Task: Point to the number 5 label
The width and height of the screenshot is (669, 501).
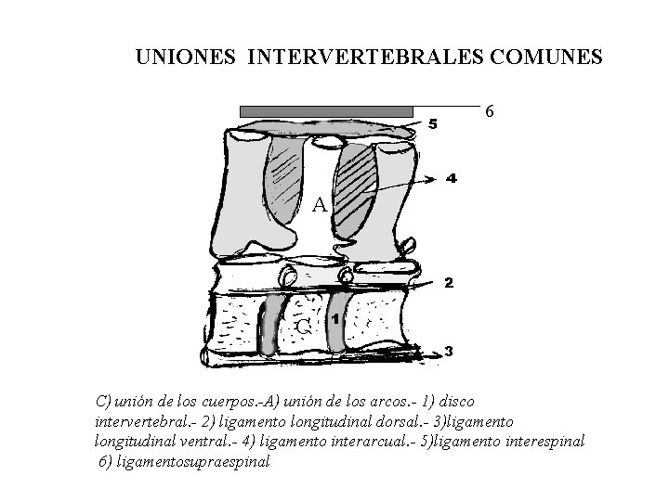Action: (x=431, y=126)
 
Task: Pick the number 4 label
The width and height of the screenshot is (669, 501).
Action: (x=451, y=178)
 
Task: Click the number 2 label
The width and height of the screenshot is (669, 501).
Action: (x=448, y=283)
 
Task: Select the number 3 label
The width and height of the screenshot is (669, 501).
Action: (x=449, y=352)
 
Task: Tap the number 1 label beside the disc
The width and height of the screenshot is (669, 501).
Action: (x=335, y=319)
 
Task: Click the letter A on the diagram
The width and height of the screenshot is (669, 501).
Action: (x=319, y=204)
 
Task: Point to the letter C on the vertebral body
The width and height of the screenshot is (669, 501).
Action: (x=304, y=327)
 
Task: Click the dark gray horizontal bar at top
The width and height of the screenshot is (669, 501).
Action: (x=326, y=111)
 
